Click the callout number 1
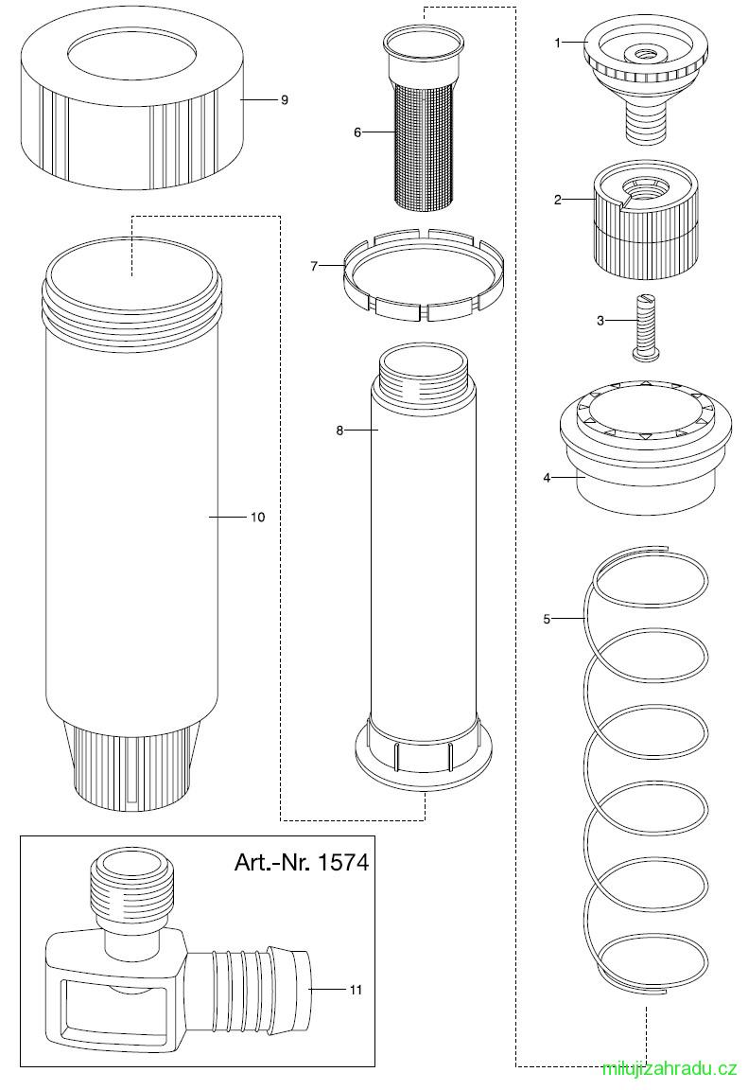557,44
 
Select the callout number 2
557,201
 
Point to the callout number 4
547,478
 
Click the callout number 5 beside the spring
547,618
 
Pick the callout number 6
357,132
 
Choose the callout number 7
314,266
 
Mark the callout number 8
339,431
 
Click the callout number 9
284,100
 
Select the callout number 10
257,518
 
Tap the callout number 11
356,991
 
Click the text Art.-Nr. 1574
302,863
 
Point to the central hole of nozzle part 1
635,54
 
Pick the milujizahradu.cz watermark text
670,1070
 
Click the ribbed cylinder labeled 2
645,221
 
